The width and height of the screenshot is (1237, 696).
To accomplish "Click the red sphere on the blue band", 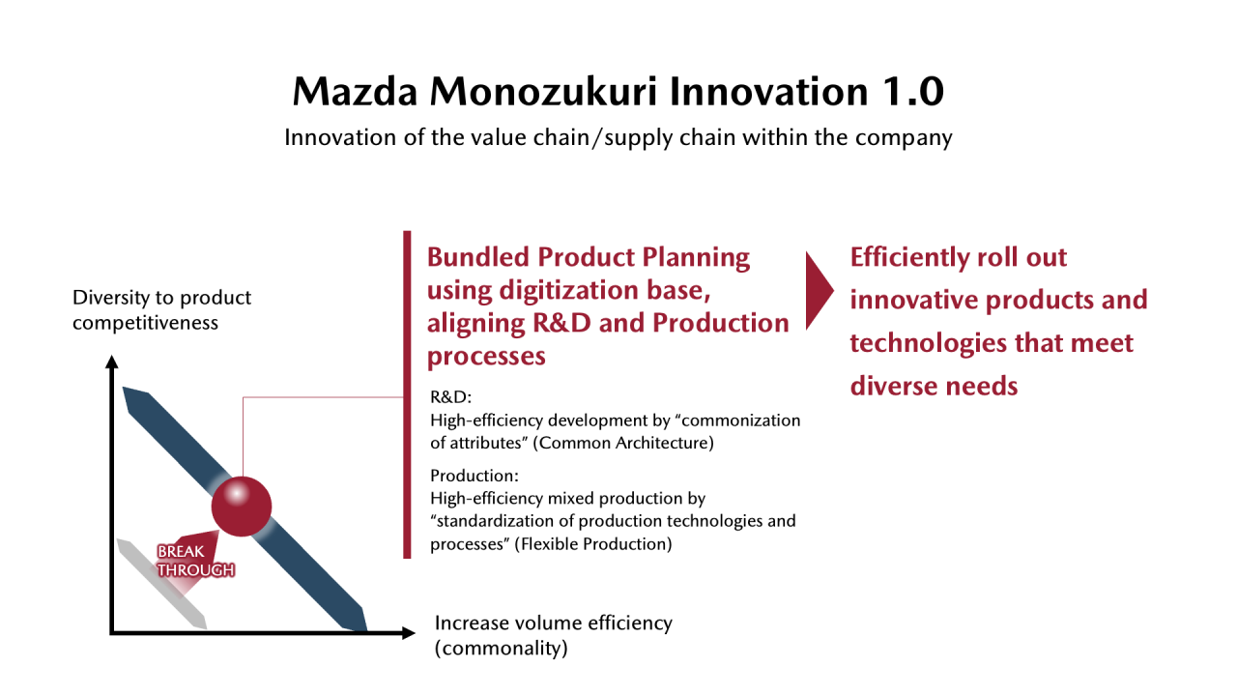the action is [242, 506].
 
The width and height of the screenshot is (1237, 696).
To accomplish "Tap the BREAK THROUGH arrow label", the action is [195, 561].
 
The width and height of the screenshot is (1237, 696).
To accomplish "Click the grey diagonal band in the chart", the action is [161, 584].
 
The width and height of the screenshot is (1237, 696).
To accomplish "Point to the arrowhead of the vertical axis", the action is [112, 362].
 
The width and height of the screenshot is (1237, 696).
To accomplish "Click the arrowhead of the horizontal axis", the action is [409, 633].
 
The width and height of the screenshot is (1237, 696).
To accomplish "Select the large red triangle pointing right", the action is [820, 291].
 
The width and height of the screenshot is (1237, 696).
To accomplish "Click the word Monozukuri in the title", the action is [543, 91].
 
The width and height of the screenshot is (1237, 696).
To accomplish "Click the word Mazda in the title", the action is [355, 91].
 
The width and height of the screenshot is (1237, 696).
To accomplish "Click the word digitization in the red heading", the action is [569, 291].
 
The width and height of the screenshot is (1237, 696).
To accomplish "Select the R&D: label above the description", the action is [450, 396].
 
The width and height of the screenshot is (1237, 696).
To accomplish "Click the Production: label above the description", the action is [475, 476].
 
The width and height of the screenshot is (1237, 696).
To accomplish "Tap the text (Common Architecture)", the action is [623, 443].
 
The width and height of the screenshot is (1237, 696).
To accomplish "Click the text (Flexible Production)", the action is [593, 544].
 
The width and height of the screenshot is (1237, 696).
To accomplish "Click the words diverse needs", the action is [934, 386].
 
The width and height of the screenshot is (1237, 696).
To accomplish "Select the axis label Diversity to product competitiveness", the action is [161, 310].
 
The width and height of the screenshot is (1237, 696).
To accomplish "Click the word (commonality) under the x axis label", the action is [501, 648].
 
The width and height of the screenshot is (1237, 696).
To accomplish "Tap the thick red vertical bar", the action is [407, 394].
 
